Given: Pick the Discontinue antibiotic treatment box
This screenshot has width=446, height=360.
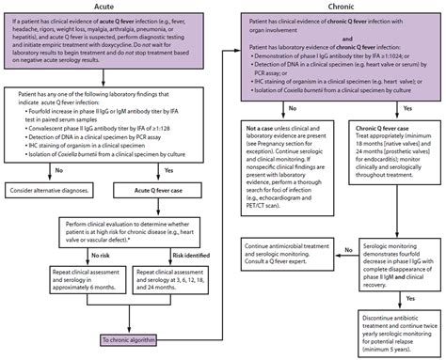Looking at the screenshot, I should (x=386, y=329).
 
